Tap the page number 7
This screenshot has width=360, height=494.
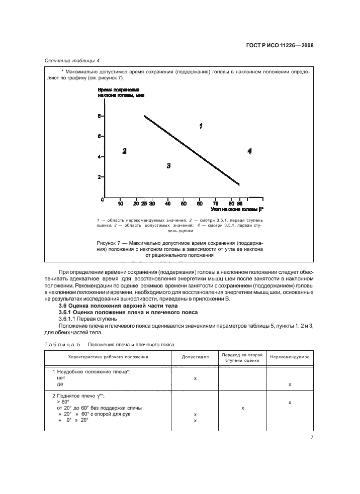coord(312,438)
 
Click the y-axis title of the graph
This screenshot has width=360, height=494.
coord(118,92)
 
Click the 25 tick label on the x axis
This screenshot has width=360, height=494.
coord(144,204)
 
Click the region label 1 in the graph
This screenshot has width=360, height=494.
coord(201,126)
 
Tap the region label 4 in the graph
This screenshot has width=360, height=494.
coord(249,151)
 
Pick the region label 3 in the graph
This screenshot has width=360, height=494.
coord(169,165)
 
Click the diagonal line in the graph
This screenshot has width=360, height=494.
coord(191,150)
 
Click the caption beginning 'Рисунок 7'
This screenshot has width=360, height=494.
coord(179,249)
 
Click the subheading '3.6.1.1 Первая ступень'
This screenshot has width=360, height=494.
coord(88,319)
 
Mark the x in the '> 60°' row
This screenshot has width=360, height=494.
coord(290,403)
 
